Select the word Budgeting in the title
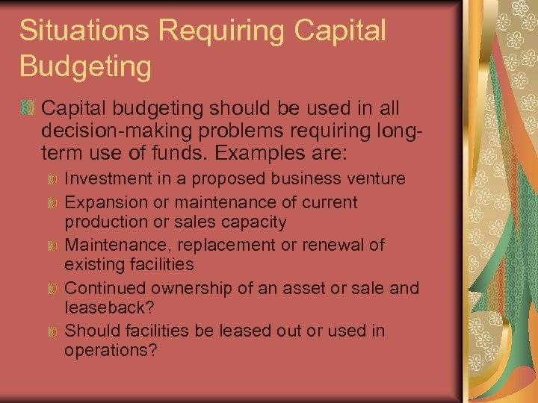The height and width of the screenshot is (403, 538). pyautogui.click(x=85, y=66)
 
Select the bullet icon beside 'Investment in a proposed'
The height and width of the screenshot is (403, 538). pyautogui.click(x=52, y=180)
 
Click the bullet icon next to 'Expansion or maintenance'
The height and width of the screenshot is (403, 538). pyautogui.click(x=52, y=203)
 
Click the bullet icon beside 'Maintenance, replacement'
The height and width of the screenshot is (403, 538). pyautogui.click(x=52, y=246)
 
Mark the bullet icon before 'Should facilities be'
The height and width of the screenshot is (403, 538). pyautogui.click(x=52, y=331)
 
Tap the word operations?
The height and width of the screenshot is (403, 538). pyautogui.click(x=111, y=350)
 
